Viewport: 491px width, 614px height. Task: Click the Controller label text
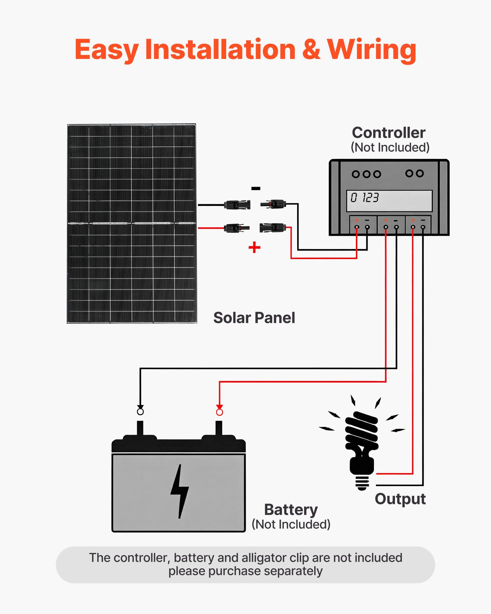pyautogui.click(x=389, y=133)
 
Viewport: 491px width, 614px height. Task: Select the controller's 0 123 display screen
pyautogui.click(x=389, y=200)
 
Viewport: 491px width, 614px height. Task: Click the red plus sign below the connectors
pyautogui.click(x=254, y=247)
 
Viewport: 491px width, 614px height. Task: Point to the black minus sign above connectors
pyautogui.click(x=256, y=188)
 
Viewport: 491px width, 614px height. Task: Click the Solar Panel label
pyautogui.click(x=254, y=318)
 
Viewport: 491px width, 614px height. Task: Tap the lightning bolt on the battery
pyautogui.click(x=180, y=491)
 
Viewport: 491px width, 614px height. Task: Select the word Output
pyautogui.click(x=400, y=499)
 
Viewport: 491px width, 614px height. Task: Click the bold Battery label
pyautogui.click(x=291, y=510)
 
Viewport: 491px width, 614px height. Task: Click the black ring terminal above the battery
pyautogui.click(x=140, y=411)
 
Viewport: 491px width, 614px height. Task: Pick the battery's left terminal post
pyautogui.click(x=140, y=428)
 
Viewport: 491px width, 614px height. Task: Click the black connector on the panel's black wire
pyautogui.click(x=237, y=205)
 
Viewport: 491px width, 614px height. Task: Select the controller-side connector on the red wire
pyautogui.click(x=273, y=228)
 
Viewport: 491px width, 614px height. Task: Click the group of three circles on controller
pyautogui.click(x=366, y=174)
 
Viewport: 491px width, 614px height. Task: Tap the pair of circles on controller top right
pyautogui.click(x=414, y=173)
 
